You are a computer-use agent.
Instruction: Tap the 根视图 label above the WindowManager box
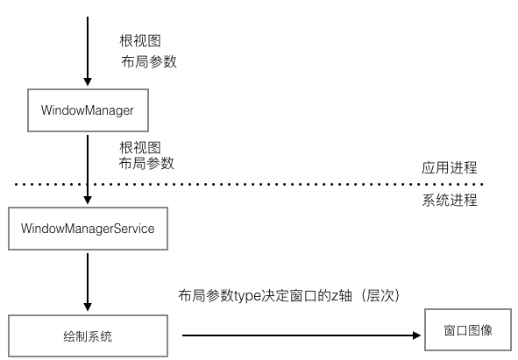click(x=139, y=41)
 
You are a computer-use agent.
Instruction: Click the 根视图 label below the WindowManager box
click(x=139, y=146)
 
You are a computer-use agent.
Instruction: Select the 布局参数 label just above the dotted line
click(x=146, y=163)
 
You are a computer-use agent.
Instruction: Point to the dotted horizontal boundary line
click(x=263, y=184)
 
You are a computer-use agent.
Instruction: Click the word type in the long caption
click(x=247, y=295)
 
